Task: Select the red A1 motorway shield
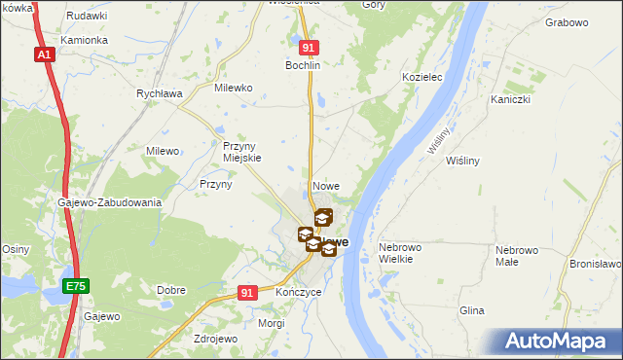click(45, 55)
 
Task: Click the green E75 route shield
click(75, 287)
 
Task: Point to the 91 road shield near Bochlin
click(308, 47)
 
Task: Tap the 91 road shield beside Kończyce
click(247, 292)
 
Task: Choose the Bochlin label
click(302, 65)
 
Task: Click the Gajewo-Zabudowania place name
click(109, 202)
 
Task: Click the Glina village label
click(472, 310)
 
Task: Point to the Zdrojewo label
click(215, 339)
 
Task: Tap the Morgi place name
click(271, 322)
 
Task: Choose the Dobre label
click(171, 290)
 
